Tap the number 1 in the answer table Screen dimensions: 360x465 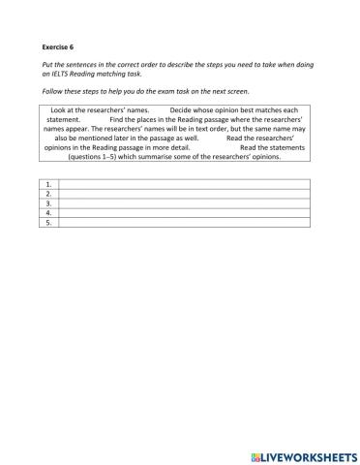[48, 183]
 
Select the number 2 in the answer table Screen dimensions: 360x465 [48, 193]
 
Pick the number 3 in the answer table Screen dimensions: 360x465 [48, 202]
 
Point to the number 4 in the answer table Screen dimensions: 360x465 [48, 212]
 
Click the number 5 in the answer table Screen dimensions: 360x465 [48, 222]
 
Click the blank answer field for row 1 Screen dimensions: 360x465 [184, 183]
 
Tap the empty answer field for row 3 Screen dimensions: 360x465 [184, 202]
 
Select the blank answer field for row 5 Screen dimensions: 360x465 [184, 222]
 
